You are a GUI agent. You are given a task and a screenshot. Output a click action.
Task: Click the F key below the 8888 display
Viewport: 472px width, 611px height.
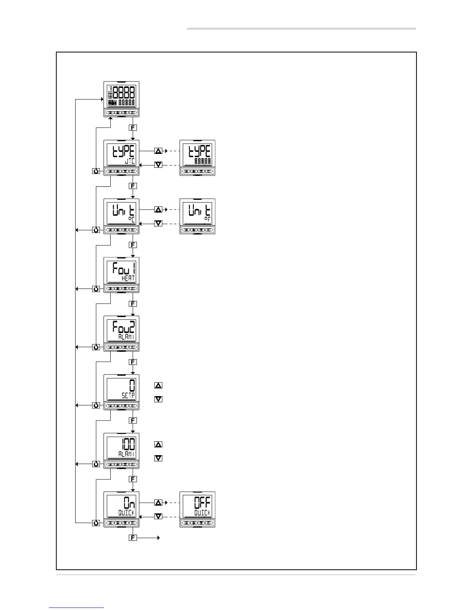pos(133,127)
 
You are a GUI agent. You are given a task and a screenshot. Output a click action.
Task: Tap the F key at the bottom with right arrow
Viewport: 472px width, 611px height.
pos(133,537)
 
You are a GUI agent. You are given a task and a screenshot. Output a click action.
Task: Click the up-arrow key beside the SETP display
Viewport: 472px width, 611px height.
pos(158,385)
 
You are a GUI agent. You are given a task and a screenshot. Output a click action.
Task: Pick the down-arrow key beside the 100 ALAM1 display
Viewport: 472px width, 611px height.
pos(158,458)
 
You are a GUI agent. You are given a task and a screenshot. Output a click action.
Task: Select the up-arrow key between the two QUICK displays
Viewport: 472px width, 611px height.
pos(158,503)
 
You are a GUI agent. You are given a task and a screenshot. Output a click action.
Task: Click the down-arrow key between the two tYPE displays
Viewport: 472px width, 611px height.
pos(158,165)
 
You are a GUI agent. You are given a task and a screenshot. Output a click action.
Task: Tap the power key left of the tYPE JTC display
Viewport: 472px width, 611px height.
pos(96,171)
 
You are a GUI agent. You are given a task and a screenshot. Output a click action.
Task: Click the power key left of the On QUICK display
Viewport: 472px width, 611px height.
pos(96,523)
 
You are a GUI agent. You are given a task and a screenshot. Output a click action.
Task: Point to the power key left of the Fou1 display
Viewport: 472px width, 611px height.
pos(96,289)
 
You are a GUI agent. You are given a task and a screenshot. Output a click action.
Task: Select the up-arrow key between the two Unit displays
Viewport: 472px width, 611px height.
pos(158,209)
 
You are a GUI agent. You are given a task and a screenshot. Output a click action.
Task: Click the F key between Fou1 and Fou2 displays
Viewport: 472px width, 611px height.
pos(133,304)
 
